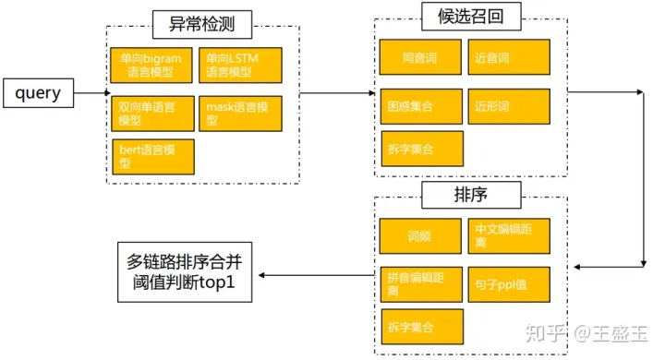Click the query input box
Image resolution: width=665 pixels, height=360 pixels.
tap(36, 92)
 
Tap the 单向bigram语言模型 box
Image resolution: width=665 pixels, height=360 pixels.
tap(151, 66)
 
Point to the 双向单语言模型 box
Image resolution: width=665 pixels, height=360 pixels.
tap(151, 113)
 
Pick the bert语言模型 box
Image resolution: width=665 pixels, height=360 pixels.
tap(151, 156)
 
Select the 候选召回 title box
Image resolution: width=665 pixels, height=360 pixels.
tap(470, 15)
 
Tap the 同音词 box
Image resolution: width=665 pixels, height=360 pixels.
tap(421, 57)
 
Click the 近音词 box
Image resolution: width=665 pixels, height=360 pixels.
tap(509, 57)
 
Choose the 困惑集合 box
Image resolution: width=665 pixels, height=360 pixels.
tap(421, 106)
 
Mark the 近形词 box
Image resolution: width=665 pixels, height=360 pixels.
tap(509, 106)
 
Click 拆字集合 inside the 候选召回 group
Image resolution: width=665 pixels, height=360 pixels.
tap(421, 149)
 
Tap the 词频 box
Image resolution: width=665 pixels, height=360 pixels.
tap(421, 235)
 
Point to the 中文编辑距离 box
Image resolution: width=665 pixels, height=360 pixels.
tap(509, 235)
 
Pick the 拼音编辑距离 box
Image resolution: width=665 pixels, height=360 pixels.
tap(421, 283)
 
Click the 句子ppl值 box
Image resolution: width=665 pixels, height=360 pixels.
tap(509, 283)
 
